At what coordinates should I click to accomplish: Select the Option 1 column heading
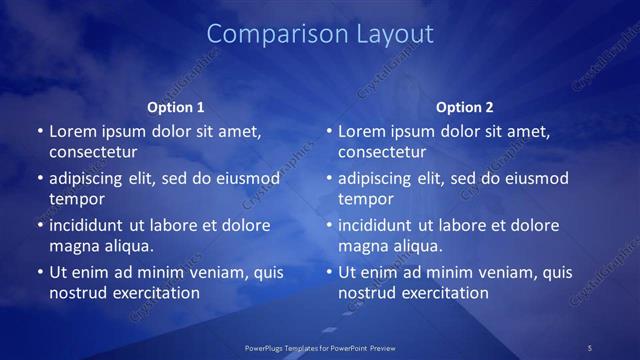tap(176, 106)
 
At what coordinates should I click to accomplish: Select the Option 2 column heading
tap(465, 106)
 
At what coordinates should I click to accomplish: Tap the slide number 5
tap(590, 347)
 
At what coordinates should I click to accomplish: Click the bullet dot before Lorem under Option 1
tap(39, 131)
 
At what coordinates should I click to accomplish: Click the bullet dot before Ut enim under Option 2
tap(328, 272)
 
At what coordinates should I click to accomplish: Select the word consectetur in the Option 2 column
tap(382, 152)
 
